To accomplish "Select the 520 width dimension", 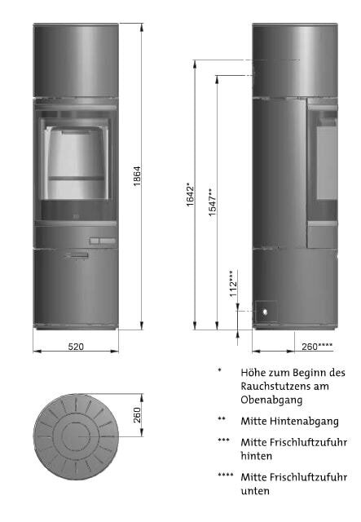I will point(76,347).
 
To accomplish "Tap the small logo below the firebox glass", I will point(74,218).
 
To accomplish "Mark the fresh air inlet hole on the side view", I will point(264,311).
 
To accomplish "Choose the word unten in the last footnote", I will point(255,491).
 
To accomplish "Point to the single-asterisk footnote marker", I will point(219,369).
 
